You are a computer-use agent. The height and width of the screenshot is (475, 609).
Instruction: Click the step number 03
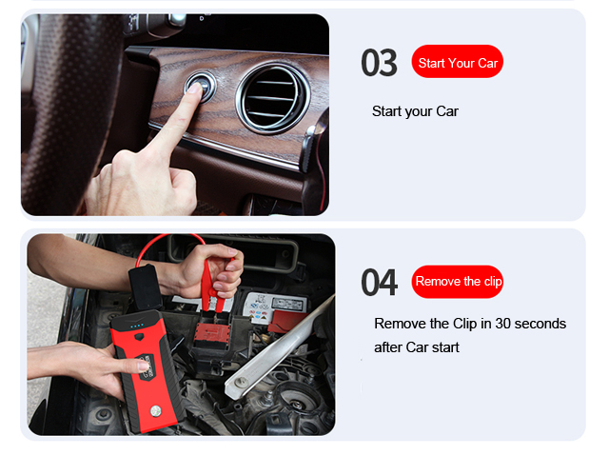(379, 63)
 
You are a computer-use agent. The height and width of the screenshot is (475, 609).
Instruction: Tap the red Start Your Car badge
(457, 61)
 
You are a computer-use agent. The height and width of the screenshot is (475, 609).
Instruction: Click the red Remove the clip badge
(457, 282)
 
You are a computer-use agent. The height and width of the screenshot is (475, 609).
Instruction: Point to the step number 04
(379, 283)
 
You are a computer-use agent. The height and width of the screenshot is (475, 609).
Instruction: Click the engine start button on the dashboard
(201, 86)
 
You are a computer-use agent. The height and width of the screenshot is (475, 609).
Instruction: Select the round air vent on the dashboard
(273, 99)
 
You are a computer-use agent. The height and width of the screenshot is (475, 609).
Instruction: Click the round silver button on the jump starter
(156, 410)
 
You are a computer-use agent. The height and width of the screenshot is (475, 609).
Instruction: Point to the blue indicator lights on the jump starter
(137, 326)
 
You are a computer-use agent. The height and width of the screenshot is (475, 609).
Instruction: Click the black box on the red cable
(146, 287)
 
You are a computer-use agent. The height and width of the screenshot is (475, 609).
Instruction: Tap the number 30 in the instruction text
(502, 324)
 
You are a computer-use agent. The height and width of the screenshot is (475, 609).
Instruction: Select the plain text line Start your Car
(415, 111)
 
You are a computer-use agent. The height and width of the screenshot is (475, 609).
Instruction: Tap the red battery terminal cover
(212, 335)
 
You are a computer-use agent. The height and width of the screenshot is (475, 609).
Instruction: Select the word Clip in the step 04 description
(465, 324)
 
